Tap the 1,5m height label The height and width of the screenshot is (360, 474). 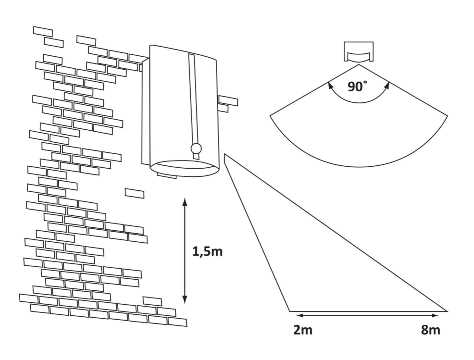(207, 251)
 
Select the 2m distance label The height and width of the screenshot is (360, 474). (303, 330)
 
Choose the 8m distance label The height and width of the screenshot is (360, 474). (430, 330)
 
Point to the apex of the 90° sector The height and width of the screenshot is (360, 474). (359, 65)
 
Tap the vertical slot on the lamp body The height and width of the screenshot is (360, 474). (193, 100)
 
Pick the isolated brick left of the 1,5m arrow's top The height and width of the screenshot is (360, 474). (135, 193)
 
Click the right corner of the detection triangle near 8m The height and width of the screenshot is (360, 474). (447, 311)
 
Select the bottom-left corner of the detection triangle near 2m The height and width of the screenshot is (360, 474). (289, 311)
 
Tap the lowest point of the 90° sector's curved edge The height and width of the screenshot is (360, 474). (358, 166)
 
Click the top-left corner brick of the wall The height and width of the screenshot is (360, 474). (43, 31)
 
